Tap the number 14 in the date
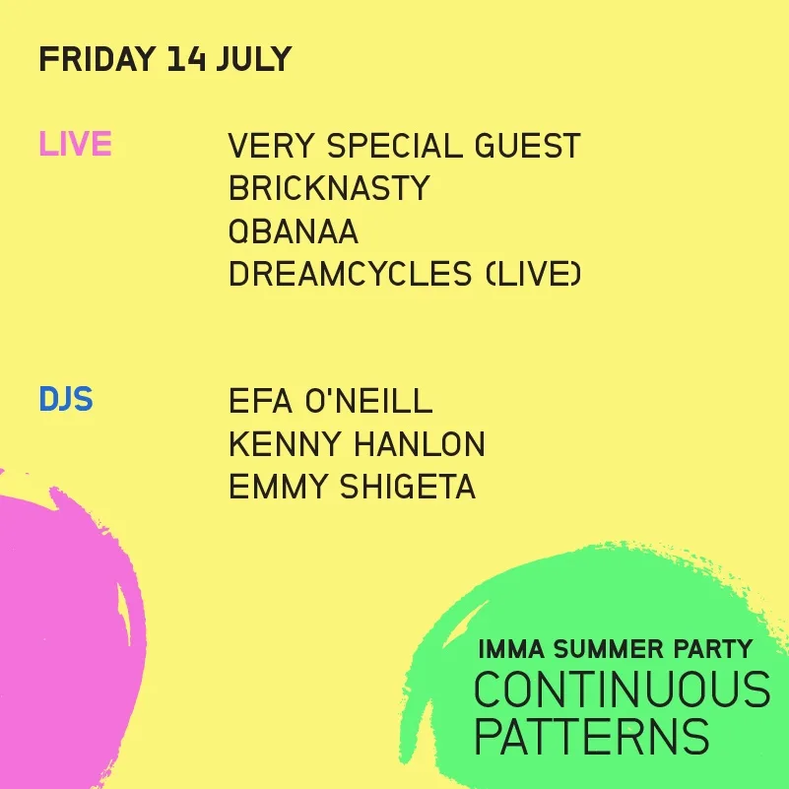point(187,59)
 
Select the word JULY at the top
point(254,59)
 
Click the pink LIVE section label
point(76,144)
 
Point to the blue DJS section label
point(66,399)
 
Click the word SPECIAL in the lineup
point(394,146)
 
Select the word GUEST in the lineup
point(528,146)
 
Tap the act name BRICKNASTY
point(329,188)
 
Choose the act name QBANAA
point(294,230)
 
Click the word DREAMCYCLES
point(351,274)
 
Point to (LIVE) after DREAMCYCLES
point(534,274)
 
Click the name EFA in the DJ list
point(261,401)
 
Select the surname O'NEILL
point(368,401)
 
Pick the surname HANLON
point(420,444)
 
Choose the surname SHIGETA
point(408,486)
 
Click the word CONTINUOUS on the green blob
point(623,690)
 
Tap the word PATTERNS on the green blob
point(592,735)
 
